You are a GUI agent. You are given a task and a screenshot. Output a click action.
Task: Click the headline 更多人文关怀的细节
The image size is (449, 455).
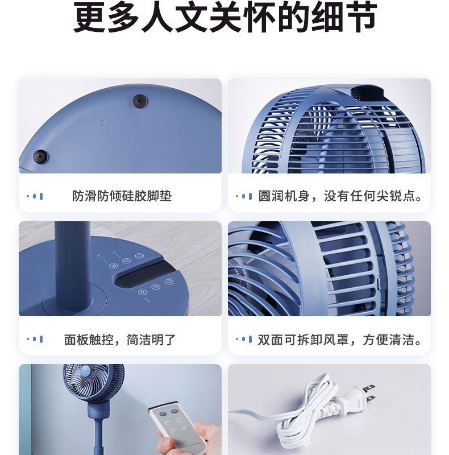click(x=225, y=17)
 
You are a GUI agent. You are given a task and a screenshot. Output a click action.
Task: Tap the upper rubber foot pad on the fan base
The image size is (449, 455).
click(x=140, y=101)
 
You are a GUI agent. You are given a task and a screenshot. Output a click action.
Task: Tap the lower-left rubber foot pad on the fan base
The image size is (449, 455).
click(x=40, y=157)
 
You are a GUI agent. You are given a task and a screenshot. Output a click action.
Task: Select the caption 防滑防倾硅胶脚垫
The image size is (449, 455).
click(x=122, y=196)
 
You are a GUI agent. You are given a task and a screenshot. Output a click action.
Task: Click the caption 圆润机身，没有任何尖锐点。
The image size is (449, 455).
click(x=340, y=196)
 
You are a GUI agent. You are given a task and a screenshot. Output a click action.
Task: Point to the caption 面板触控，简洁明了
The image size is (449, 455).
click(x=120, y=340)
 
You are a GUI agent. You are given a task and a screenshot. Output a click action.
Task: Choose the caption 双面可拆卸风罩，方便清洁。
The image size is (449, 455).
click(x=340, y=340)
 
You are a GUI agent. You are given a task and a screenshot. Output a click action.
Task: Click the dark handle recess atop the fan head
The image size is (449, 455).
click(x=368, y=92)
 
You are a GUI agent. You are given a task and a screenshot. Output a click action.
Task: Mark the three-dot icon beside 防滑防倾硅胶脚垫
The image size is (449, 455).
click(x=35, y=196)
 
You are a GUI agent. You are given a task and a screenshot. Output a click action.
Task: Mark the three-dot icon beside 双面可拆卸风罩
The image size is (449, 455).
click(x=244, y=339)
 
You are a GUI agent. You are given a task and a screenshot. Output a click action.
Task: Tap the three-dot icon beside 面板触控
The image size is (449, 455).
click(x=35, y=339)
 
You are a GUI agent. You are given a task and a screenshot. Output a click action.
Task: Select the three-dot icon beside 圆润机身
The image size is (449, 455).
click(x=244, y=196)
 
